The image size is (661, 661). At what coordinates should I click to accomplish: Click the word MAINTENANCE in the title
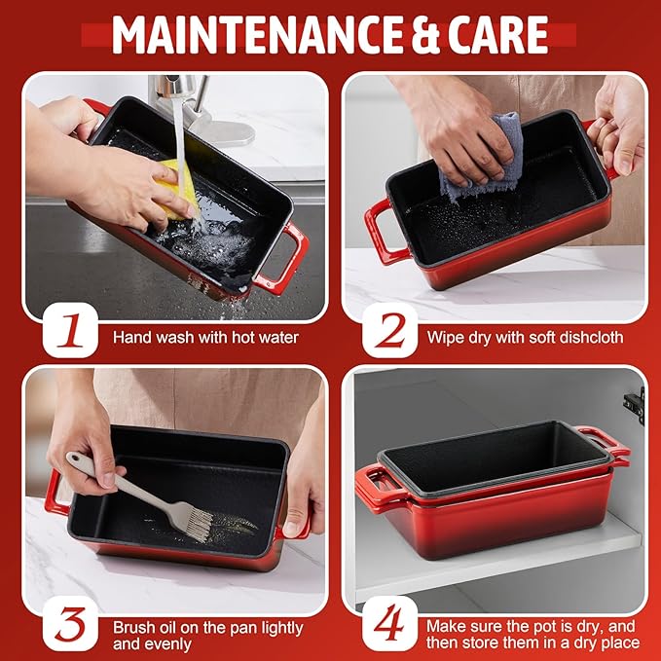click(x=257, y=35)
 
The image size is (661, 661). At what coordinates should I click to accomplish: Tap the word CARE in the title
click(x=497, y=35)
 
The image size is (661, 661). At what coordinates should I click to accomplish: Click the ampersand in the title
click(x=424, y=35)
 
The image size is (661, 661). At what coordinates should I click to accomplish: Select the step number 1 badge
click(x=70, y=330)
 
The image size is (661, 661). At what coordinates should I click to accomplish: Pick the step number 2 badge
click(x=390, y=330)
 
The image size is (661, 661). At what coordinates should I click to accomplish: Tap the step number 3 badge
click(x=70, y=623)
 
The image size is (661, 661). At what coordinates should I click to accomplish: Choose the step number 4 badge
click(x=390, y=623)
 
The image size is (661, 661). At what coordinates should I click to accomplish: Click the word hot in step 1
click(x=243, y=337)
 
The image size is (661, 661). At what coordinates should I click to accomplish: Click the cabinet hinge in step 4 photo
click(x=635, y=406)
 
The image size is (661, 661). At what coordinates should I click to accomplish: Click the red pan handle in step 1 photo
click(x=281, y=258)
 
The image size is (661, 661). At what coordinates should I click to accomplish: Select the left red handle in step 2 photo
click(x=383, y=232)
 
